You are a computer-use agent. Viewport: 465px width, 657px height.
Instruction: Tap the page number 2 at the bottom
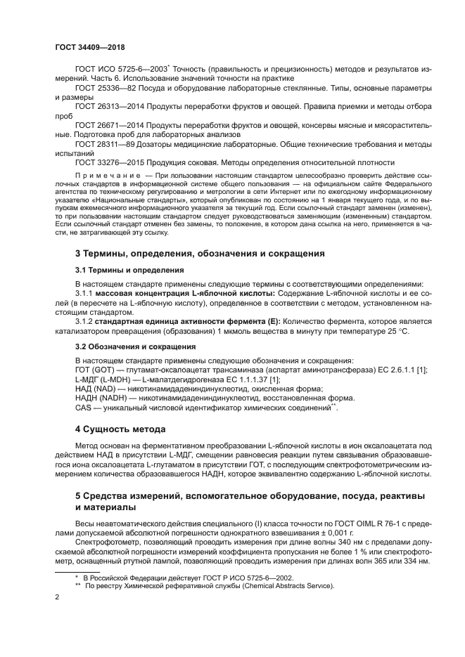pos(58,597)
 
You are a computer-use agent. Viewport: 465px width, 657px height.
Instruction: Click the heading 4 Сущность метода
pos(120,429)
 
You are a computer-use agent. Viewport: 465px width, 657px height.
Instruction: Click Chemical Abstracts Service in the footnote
pos(280,586)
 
